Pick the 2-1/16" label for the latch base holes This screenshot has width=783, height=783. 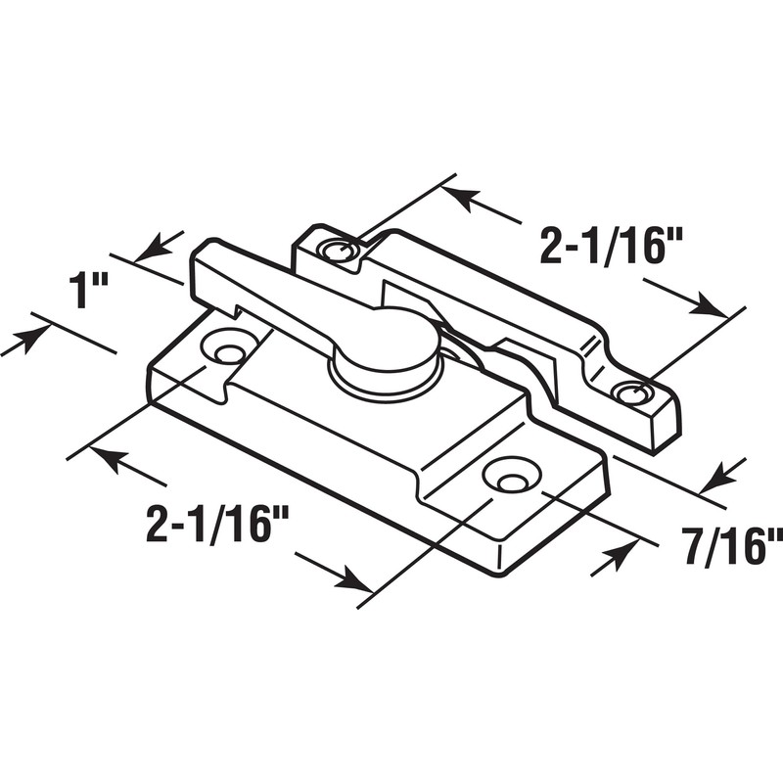pos(216,526)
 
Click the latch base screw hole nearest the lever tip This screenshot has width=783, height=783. pos(230,348)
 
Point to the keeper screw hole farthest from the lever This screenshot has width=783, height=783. pos(632,393)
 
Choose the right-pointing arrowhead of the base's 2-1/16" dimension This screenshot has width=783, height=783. pos(351,579)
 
